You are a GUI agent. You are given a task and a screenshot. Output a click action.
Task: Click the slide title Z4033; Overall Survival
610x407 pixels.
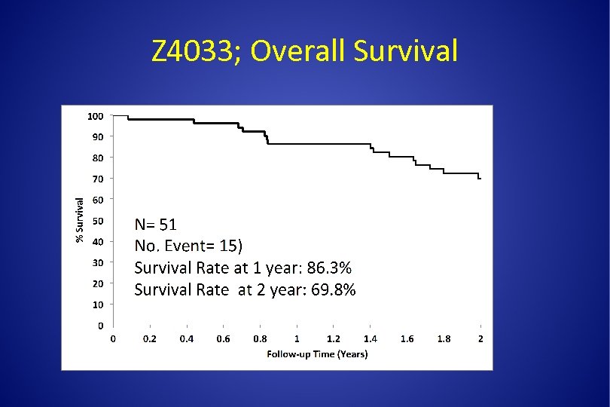click(304, 51)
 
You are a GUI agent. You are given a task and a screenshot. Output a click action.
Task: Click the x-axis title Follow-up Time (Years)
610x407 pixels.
click(317, 353)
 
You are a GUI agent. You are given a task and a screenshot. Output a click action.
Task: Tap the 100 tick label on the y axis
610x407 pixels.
click(95, 116)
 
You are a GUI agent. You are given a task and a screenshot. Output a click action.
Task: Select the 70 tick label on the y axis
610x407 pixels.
click(98, 179)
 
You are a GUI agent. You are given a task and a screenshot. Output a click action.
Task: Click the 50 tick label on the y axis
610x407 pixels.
click(98, 221)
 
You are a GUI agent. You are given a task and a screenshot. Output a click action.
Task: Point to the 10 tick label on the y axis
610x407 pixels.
click(98, 304)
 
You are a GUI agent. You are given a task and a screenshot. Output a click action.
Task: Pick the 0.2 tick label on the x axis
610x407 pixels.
click(150, 339)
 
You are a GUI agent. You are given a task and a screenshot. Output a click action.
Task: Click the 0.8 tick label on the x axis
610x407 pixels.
click(260, 339)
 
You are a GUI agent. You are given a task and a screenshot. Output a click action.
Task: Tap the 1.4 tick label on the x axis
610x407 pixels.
click(371, 339)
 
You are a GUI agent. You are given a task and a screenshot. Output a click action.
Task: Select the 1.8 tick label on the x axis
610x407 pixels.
click(444, 339)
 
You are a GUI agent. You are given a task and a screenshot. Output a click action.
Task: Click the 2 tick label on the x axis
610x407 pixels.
click(480, 339)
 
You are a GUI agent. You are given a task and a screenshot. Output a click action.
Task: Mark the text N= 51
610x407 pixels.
click(156, 225)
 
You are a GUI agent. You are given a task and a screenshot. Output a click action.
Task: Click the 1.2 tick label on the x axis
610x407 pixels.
click(334, 339)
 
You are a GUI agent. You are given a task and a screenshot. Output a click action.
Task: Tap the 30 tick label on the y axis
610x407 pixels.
click(98, 262)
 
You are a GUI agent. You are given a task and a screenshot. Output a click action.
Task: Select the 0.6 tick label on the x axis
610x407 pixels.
click(223, 339)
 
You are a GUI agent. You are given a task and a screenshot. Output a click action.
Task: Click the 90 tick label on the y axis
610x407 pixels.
click(98, 136)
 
